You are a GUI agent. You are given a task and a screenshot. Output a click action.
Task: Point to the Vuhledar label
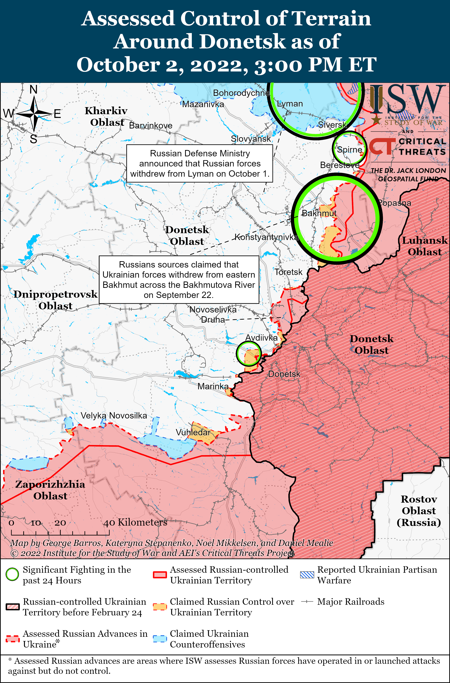pyautogui.click(x=193, y=432)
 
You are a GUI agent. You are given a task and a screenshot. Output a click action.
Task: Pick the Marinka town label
pyautogui.click(x=213, y=386)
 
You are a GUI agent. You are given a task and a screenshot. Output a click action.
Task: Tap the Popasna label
pyautogui.click(x=395, y=203)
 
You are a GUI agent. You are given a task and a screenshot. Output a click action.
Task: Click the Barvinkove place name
pyautogui.click(x=151, y=125)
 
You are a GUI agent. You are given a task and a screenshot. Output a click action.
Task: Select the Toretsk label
pyautogui.click(x=288, y=272)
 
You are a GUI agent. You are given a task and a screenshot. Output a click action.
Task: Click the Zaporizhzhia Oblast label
pyautogui.click(x=50, y=490)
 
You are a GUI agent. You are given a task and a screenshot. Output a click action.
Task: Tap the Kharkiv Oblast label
pyautogui.click(x=106, y=116)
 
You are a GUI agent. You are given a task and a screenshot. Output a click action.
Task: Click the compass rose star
pyautogui.click(x=34, y=114)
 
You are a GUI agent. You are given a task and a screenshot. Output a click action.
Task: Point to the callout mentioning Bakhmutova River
pyautogui.click(x=179, y=280)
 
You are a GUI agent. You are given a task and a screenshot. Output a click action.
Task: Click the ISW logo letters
pyautogui.click(x=406, y=99)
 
